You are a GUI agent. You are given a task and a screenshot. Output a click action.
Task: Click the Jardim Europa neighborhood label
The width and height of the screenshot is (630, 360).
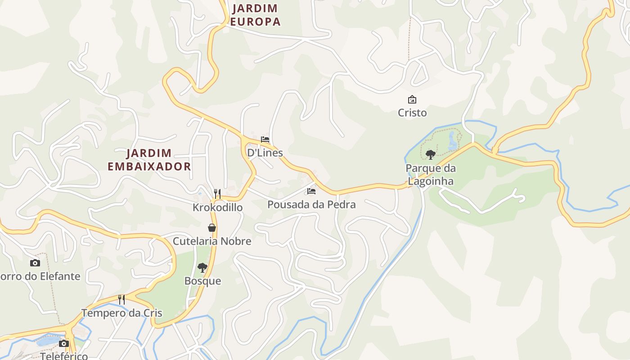pyautogui.click(x=255, y=15)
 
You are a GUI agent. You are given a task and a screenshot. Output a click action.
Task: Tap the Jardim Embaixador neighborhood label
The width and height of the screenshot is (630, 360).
pyautogui.click(x=149, y=160)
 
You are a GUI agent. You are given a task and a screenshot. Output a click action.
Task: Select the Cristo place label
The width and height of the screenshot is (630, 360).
pyautogui.click(x=412, y=112)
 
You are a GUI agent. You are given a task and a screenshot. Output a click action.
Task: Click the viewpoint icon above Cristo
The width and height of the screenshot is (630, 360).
pyautogui.click(x=412, y=99)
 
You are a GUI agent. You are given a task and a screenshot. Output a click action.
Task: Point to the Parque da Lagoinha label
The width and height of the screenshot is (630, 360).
pyautogui.click(x=431, y=175)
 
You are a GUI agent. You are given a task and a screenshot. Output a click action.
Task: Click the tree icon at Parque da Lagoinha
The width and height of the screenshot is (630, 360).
pyautogui.click(x=431, y=155)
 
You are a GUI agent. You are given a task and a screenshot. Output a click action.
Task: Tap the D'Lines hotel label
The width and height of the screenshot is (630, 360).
pyautogui.click(x=265, y=153)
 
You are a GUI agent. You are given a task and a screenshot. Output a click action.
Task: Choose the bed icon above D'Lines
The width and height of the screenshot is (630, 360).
pyautogui.click(x=265, y=139)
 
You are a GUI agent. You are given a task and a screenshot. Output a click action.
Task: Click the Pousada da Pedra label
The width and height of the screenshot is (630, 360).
pyautogui.click(x=311, y=204)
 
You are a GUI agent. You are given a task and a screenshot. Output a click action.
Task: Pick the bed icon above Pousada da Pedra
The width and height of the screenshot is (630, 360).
pyautogui.click(x=311, y=191)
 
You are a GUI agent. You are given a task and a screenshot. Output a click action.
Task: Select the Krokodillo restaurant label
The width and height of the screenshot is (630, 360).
pyautogui.click(x=218, y=207)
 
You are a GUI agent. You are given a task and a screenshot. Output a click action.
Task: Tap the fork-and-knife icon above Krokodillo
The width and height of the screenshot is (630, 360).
pyautogui.click(x=217, y=194)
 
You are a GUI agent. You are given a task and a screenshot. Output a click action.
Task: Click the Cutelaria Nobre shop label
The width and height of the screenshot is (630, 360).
pyautogui.click(x=212, y=241)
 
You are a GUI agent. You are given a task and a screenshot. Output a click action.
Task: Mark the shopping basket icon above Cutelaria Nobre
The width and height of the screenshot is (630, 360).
pyautogui.click(x=212, y=228)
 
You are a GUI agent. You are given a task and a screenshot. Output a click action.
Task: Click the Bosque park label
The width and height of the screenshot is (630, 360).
pyautogui.click(x=202, y=281)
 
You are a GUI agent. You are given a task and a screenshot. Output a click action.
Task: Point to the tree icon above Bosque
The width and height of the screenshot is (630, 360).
pyautogui.click(x=202, y=268)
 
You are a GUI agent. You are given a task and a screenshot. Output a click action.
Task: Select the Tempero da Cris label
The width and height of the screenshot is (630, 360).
pyautogui.click(x=121, y=313)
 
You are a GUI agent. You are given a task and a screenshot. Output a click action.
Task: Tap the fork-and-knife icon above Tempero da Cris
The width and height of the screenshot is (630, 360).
pyautogui.click(x=121, y=300)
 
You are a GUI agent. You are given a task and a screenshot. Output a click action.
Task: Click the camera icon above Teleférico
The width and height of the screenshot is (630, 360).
pyautogui.click(x=64, y=344)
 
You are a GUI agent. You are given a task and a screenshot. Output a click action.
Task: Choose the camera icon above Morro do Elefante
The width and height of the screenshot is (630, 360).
pyautogui.click(x=35, y=263)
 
